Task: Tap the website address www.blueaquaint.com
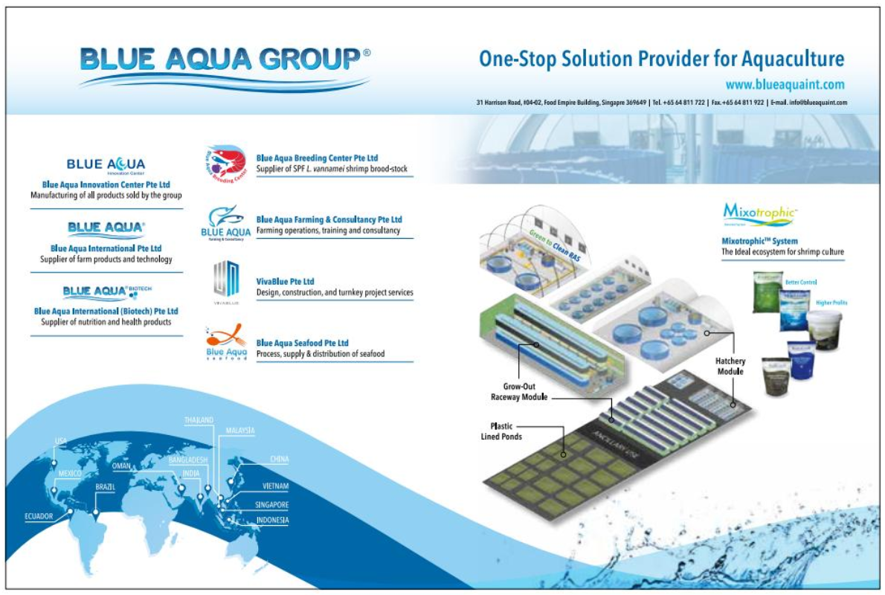click(x=785, y=85)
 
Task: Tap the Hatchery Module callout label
click(x=730, y=366)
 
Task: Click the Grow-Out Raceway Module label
click(x=518, y=392)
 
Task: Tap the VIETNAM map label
click(x=275, y=486)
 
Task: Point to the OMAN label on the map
click(x=121, y=466)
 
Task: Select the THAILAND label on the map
click(x=199, y=420)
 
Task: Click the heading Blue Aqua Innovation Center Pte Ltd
click(x=106, y=184)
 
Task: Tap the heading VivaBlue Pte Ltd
click(x=285, y=281)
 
